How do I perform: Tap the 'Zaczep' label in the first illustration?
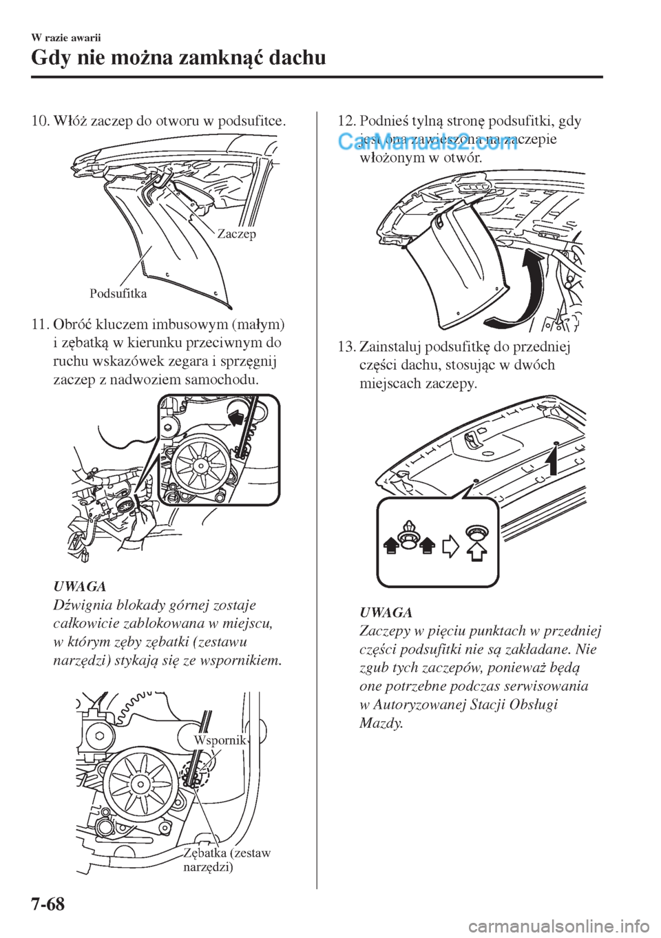(x=236, y=235)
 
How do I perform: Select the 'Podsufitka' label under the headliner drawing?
(x=118, y=293)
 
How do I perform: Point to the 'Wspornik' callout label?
(x=220, y=740)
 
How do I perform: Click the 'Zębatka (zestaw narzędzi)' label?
(x=227, y=859)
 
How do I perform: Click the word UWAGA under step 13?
(x=386, y=612)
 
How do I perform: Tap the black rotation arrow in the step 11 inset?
(x=236, y=417)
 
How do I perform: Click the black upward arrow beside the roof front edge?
(x=551, y=459)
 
